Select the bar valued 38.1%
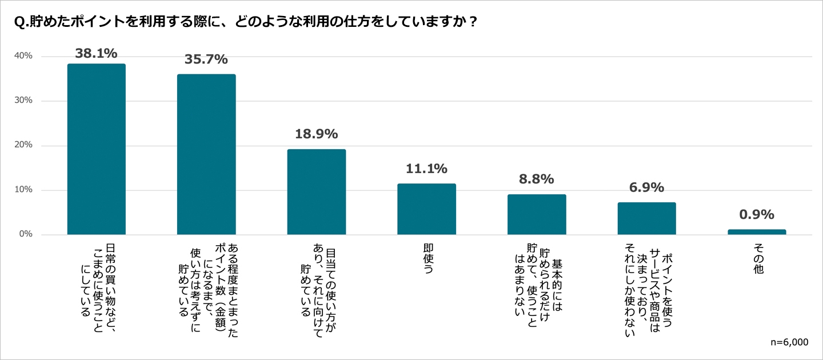tap(97, 149)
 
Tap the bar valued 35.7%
tap(206, 154)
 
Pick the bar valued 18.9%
tap(317, 192)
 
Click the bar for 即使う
tap(426, 209)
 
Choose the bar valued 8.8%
tap(537, 214)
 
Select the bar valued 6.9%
tap(646, 218)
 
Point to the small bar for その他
tap(757, 232)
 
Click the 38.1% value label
tap(96, 54)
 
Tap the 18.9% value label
tap(316, 134)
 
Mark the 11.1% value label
tap(426, 169)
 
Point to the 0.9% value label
tap(756, 215)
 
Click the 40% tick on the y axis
tap(23, 57)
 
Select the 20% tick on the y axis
tap(23, 146)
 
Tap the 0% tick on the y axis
tap(26, 235)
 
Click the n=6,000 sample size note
tap(789, 342)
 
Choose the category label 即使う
tap(427, 260)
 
